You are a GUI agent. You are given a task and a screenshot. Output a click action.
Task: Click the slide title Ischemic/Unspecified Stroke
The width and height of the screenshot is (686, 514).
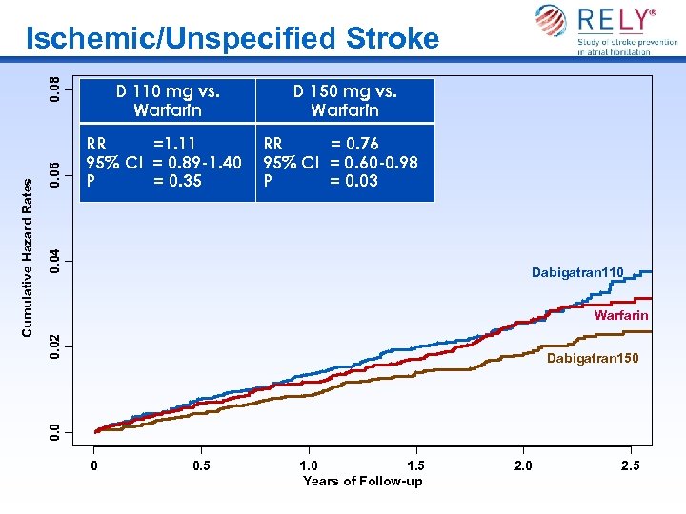[232, 39]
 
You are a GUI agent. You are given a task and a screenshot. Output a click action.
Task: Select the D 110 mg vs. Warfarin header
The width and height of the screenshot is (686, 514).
[168, 101]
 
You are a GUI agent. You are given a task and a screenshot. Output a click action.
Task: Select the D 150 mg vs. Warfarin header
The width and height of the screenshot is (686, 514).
[345, 101]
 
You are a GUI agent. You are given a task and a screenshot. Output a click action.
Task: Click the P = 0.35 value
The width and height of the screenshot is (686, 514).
[144, 180]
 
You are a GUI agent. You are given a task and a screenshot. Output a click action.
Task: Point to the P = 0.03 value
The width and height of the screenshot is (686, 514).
[321, 180]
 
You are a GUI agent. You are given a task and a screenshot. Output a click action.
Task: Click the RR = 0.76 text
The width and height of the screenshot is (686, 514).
[321, 145]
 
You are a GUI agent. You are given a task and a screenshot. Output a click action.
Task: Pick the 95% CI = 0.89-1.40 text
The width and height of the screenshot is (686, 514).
[164, 162]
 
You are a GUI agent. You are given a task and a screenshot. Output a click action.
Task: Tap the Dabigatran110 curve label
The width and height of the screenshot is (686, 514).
[577, 273]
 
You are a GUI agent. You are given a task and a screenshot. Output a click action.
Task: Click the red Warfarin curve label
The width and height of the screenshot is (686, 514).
[620, 315]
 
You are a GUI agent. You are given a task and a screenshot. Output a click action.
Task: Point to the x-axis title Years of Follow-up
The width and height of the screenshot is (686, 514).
[362, 481]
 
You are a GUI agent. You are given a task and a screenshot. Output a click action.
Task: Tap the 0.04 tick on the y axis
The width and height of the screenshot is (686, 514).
[57, 262]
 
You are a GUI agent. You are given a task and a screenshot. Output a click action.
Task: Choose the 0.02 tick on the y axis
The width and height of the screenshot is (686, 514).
[57, 346]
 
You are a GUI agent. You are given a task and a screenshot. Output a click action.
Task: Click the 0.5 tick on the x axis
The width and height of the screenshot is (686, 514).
[202, 465]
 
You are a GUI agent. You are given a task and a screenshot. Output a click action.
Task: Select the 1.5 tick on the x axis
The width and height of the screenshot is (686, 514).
[415, 465]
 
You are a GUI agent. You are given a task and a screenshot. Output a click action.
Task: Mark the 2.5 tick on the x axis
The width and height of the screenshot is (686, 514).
[630, 465]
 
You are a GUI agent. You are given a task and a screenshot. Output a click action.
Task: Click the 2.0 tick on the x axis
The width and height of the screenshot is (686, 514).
[523, 465]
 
